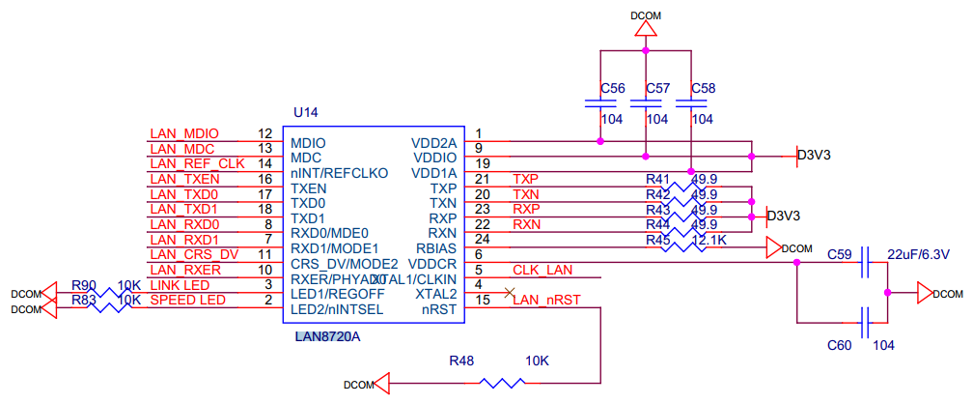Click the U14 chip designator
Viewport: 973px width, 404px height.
click(x=308, y=112)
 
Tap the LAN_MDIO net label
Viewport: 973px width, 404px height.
click(x=184, y=134)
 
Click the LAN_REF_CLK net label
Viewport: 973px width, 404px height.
click(x=198, y=163)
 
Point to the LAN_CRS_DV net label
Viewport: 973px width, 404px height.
click(x=194, y=254)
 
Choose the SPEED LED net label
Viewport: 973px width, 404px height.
click(x=187, y=301)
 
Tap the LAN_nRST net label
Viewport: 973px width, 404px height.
click(x=546, y=301)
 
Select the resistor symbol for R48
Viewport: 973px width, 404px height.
click(x=502, y=383)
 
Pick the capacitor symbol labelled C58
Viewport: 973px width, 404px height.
click(x=690, y=102)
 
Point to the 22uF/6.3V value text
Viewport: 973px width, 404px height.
click(x=918, y=255)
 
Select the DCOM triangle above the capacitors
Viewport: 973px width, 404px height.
click(x=645, y=30)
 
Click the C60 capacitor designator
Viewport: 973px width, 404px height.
click(x=840, y=345)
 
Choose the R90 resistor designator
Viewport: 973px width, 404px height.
click(x=84, y=285)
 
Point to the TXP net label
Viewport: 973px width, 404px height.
click(x=526, y=179)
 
